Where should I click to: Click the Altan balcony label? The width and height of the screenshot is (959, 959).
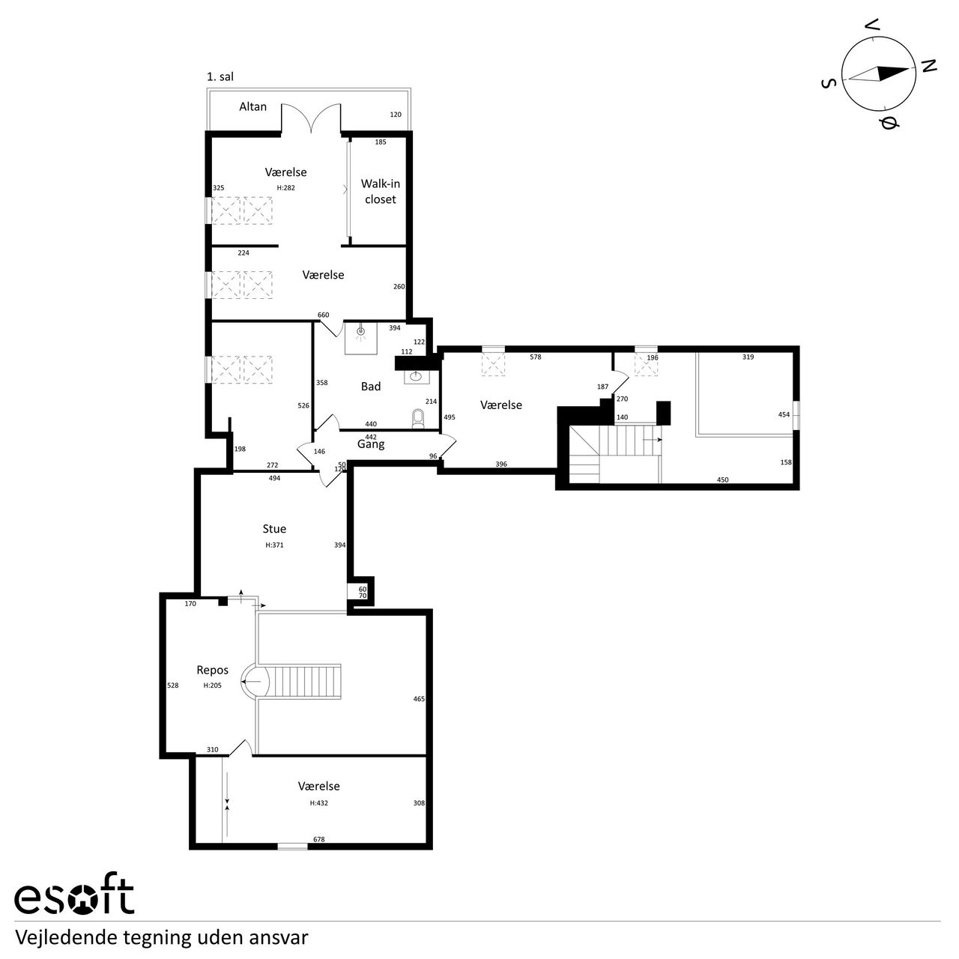click(252, 106)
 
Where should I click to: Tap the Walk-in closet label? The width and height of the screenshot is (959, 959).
click(380, 192)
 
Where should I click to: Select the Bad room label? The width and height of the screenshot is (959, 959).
click(371, 386)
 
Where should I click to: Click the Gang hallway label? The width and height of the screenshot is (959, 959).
click(371, 444)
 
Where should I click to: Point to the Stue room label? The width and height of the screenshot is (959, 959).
click(274, 528)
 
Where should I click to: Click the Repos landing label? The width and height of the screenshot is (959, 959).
click(213, 670)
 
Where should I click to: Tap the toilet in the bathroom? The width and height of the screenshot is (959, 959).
click(419, 419)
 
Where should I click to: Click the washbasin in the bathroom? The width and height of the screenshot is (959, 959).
click(417, 377)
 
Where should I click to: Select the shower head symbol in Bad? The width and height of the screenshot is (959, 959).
click(361, 331)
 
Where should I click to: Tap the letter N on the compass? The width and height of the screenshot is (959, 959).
click(928, 65)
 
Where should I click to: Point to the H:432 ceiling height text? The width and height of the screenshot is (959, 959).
click(318, 802)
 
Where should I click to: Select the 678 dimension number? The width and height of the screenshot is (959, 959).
click(319, 839)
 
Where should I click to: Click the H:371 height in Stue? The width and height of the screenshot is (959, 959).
click(274, 545)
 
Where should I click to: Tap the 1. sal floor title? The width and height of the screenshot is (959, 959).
click(220, 76)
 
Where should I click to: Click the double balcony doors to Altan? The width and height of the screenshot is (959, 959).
click(312, 118)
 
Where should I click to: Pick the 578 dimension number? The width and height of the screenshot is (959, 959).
click(536, 357)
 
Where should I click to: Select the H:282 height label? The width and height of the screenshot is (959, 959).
click(285, 187)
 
